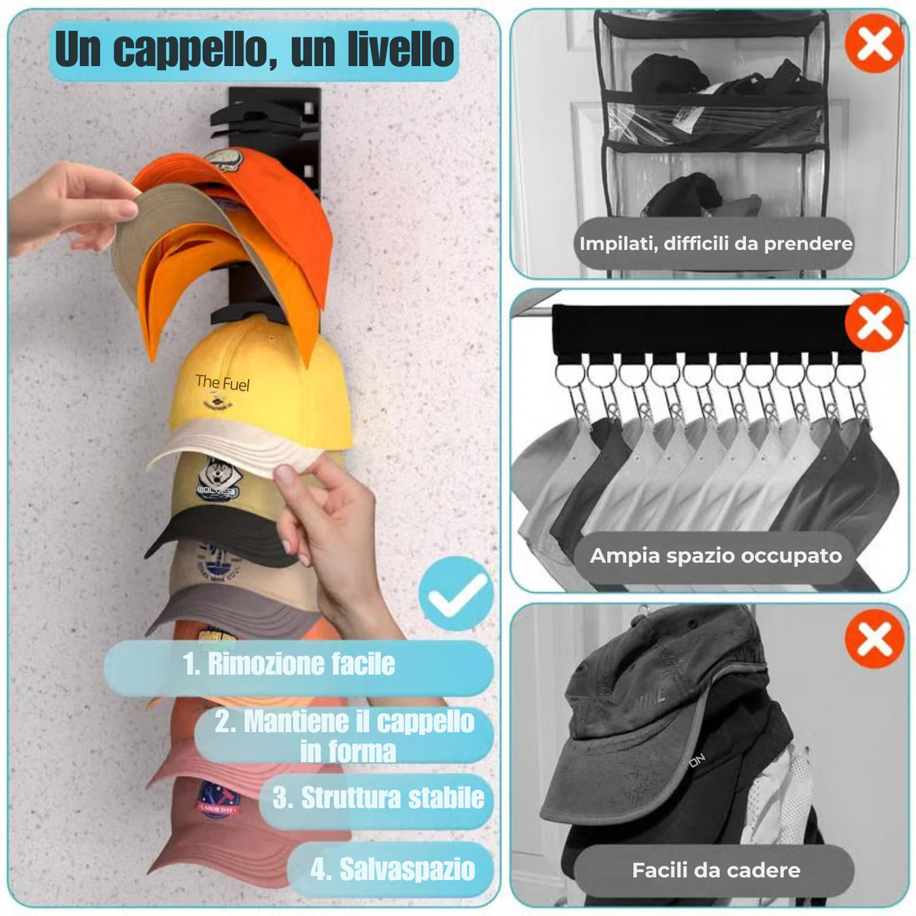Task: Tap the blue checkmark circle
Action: [x=456, y=593]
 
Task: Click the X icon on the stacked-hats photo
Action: [x=874, y=44]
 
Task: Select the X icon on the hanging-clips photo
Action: [x=874, y=323]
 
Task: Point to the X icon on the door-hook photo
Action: [x=874, y=638]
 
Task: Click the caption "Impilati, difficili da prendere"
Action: [x=715, y=244]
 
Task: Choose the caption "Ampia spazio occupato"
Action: [x=715, y=556]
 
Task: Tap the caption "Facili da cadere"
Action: [x=715, y=870]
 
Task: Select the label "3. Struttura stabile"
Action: [x=378, y=798]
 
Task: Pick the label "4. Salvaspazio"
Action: [x=392, y=870]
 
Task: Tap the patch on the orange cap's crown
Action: [x=225, y=161]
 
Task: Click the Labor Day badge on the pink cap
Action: [x=217, y=800]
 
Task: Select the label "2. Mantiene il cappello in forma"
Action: [x=345, y=736]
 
